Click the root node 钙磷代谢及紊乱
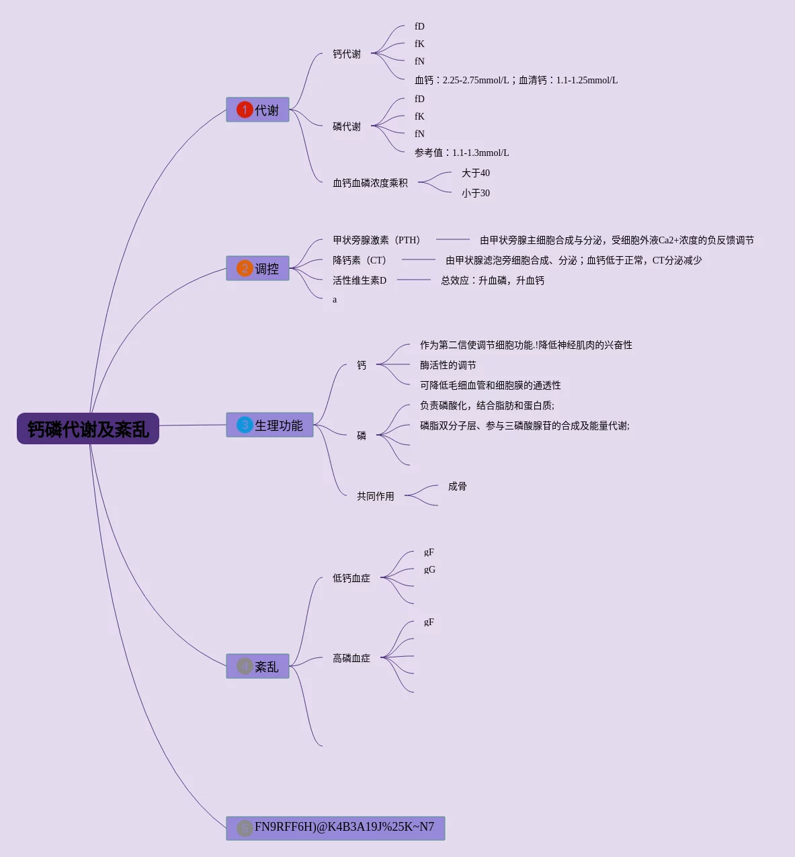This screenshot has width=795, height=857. [88, 429]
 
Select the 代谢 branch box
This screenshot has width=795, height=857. [258, 110]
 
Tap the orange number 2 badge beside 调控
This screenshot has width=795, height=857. [245, 269]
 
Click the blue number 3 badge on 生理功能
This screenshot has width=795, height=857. [245, 425]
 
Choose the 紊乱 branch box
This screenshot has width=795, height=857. [258, 666]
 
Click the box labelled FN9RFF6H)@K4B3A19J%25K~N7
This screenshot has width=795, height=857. [336, 828]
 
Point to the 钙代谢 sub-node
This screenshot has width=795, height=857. [347, 54]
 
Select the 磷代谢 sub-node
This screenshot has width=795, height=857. [347, 126]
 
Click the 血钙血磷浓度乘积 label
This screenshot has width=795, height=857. [370, 183]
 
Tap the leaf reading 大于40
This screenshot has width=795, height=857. [476, 173]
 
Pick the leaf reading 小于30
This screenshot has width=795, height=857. [476, 193]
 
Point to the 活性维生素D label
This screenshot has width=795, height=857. [360, 280]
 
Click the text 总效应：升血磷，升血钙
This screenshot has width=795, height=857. [493, 280]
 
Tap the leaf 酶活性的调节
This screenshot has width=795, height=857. [448, 365]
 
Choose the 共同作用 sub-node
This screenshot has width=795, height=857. [376, 496]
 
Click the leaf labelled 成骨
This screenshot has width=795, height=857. [458, 486]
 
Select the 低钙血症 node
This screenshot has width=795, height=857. [351, 578]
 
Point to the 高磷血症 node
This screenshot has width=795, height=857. [351, 658]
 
